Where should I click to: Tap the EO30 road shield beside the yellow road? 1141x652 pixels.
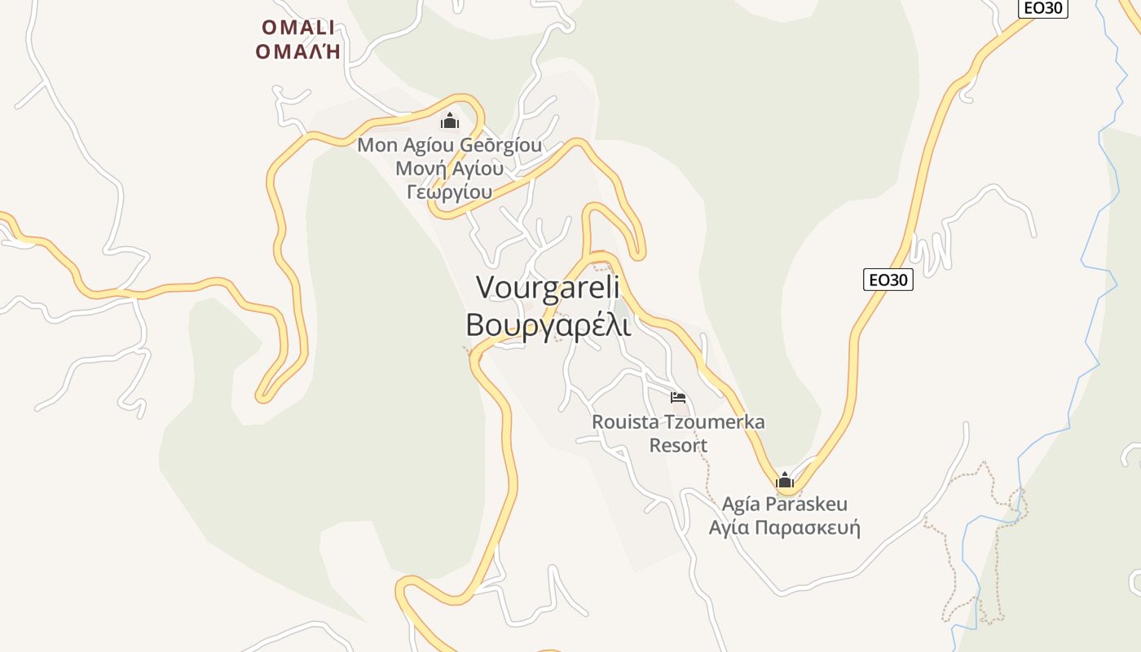[888, 280]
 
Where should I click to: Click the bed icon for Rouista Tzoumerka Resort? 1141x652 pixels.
[678, 398]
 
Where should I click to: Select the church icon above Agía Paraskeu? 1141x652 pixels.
[785, 480]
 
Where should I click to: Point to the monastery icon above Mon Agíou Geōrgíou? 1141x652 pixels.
[450, 121]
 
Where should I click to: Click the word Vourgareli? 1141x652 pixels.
[548, 288]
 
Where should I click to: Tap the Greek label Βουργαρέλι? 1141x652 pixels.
[548, 324]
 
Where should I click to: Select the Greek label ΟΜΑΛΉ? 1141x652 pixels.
[297, 52]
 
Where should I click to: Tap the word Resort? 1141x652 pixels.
[678, 446]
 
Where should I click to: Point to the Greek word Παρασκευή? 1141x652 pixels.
[808, 527]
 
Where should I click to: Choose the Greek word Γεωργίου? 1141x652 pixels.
[449, 192]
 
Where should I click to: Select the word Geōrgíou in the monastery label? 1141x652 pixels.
[495, 146]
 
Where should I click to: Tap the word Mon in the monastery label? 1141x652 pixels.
[376, 146]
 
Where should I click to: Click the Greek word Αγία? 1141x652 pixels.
[729, 527]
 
